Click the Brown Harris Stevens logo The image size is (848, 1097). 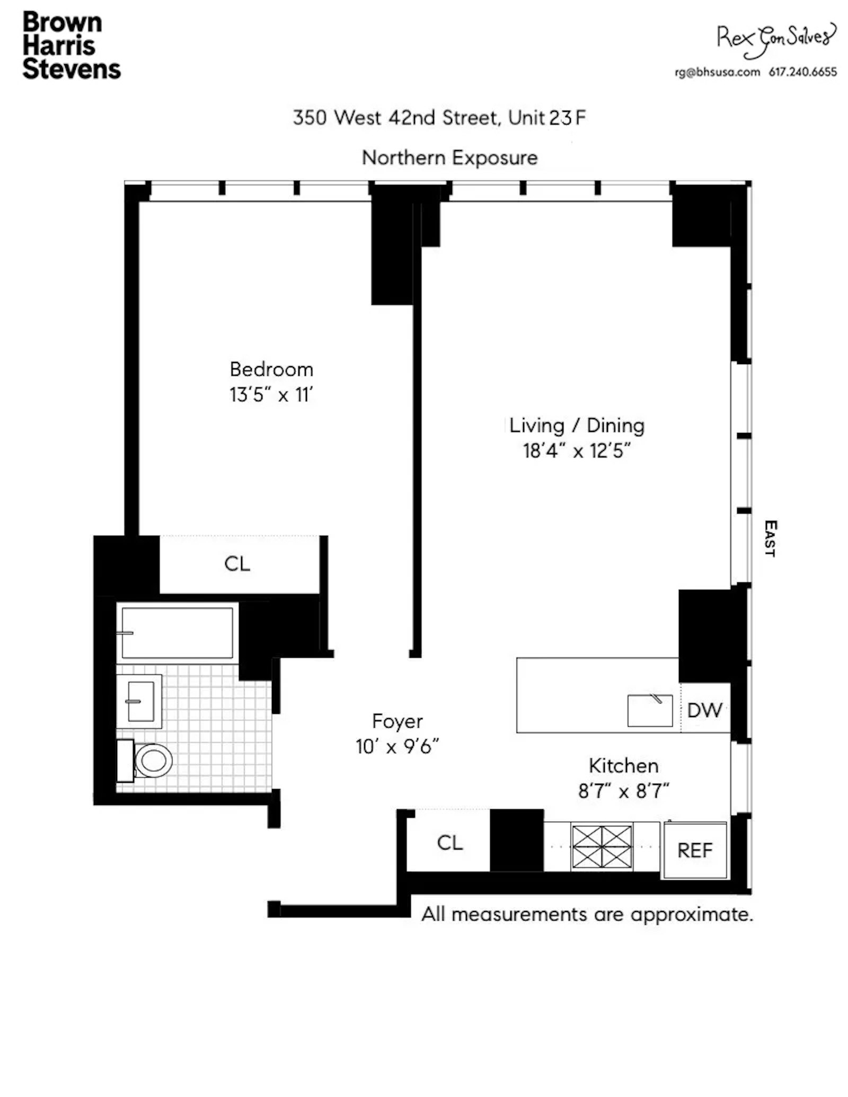click(71, 46)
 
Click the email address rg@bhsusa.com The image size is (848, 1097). click(717, 72)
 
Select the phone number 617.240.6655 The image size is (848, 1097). click(802, 72)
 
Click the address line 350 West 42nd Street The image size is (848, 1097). click(395, 118)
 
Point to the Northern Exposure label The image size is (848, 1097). click(449, 158)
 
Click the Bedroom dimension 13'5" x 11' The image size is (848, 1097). click(271, 395)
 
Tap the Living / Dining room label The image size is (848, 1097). click(577, 426)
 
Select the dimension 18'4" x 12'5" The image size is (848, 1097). click(577, 451)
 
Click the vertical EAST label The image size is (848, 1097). click(770, 538)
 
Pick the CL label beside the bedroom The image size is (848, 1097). click(237, 564)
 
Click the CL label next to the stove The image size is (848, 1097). click(449, 843)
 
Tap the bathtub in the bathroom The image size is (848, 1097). click(177, 633)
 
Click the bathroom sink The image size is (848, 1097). click(140, 702)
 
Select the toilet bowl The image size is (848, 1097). click(153, 760)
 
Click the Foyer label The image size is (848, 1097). click(397, 721)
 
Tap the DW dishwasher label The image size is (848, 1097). click(704, 710)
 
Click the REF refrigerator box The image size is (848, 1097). click(695, 851)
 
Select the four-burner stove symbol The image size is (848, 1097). click(602, 846)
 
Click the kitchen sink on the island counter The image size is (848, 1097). click(649, 711)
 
